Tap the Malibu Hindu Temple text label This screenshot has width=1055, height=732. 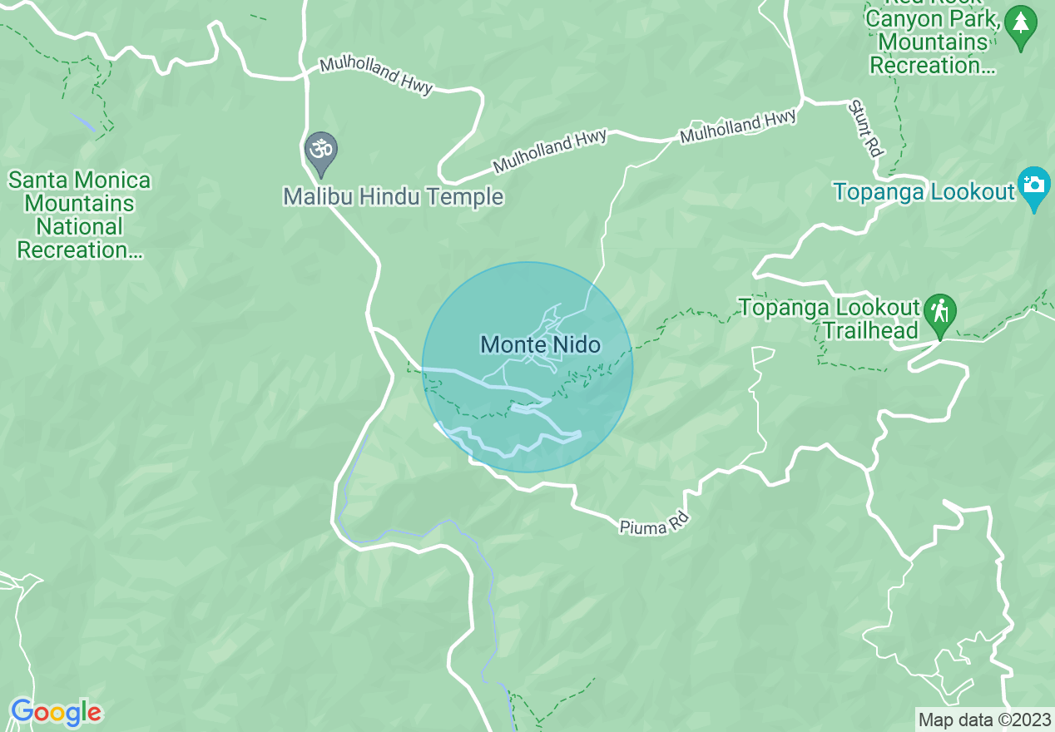[x=393, y=197]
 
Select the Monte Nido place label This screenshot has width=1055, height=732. [x=541, y=344]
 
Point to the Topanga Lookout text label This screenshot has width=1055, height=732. [x=924, y=192]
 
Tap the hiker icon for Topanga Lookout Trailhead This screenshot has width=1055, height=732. [x=940, y=314]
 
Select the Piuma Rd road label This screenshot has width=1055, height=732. [x=655, y=522]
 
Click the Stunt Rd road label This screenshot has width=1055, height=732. [x=865, y=128]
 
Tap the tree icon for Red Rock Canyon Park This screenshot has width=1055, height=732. [x=1020, y=24]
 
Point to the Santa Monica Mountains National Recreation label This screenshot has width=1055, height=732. [x=80, y=215]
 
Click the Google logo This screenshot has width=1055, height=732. [x=56, y=712]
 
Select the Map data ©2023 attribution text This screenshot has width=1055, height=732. [x=984, y=720]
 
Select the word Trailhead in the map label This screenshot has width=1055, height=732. [x=870, y=331]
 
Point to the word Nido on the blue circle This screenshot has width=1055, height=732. [x=572, y=344]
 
